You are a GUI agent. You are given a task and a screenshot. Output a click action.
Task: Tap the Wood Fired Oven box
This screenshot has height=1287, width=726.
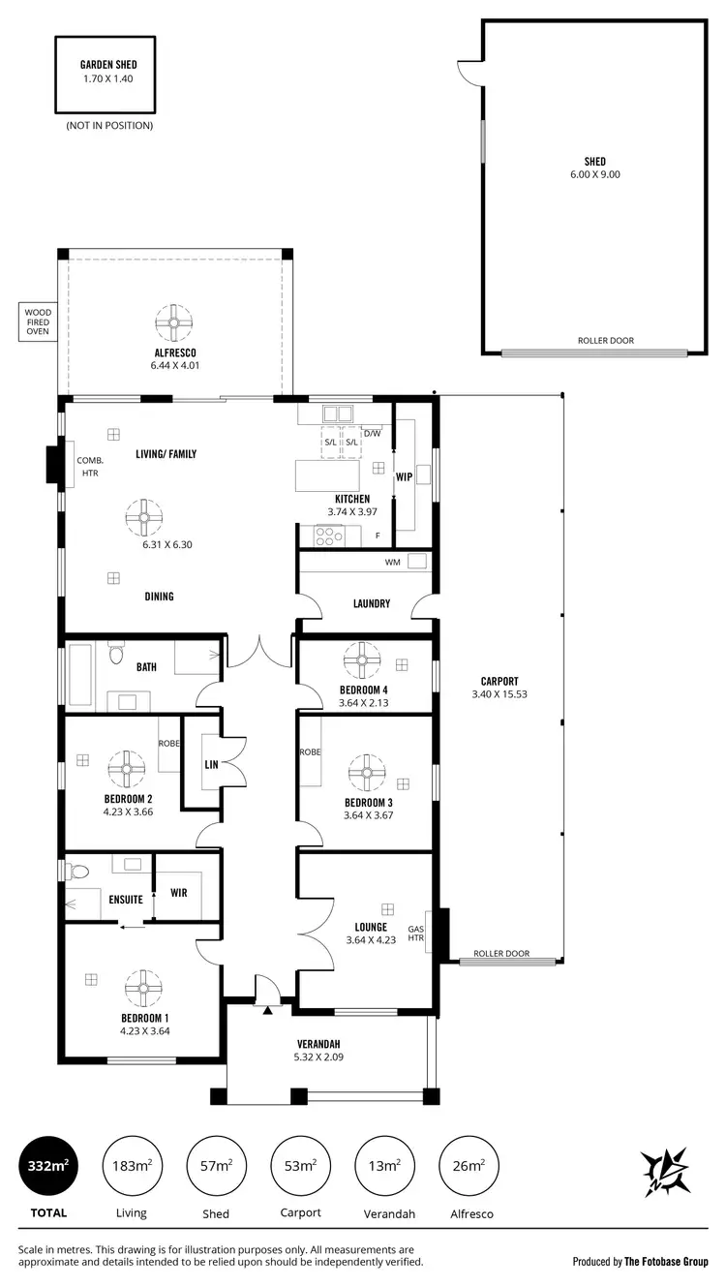point(38,322)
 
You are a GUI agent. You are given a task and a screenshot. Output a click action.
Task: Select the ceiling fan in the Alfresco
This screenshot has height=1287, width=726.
point(175,322)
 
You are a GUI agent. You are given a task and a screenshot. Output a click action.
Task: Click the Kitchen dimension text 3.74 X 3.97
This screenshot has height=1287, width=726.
point(352,511)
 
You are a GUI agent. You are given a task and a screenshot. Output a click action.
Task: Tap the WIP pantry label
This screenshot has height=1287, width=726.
point(404,476)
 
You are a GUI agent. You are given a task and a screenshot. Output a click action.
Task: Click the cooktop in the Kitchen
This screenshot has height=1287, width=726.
point(330,533)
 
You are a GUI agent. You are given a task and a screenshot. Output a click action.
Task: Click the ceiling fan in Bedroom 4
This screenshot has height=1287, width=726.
point(364,662)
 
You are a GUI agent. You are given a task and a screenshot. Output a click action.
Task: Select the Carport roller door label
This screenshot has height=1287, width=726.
point(501,954)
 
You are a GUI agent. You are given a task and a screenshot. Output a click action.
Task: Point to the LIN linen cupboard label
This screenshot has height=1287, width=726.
point(211,764)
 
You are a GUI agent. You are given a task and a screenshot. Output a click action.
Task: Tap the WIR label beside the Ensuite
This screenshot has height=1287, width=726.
point(178,893)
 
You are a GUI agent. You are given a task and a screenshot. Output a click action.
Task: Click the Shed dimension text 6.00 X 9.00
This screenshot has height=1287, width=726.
point(594,174)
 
